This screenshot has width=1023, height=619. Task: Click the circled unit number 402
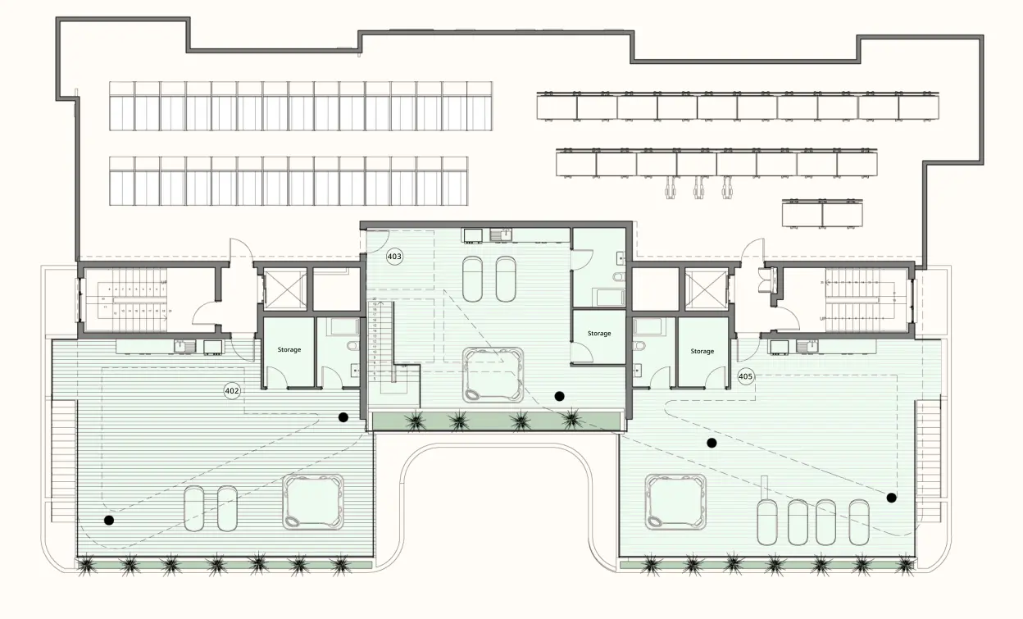coord(232,391)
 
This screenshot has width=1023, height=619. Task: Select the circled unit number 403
coord(394,257)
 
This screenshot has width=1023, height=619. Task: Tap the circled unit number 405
coord(745,376)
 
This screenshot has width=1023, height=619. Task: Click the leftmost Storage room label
coord(289,350)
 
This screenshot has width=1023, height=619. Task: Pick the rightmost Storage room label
coord(702,351)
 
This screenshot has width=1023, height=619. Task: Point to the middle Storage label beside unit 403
coord(599,334)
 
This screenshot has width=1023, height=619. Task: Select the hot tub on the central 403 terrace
coord(492,375)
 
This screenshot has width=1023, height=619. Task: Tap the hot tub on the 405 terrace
coord(675,501)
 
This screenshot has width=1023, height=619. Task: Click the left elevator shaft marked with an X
coord(284,290)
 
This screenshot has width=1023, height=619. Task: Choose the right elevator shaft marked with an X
coord(705,290)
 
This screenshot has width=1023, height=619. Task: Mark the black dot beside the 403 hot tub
coord(559,396)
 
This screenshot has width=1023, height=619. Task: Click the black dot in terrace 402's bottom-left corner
coord(108,520)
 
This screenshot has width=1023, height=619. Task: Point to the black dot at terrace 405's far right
coord(891,497)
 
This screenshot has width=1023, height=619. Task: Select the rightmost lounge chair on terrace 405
coord(858,522)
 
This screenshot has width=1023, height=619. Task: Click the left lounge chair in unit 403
coord(474,280)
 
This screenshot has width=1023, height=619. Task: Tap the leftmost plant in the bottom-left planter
coord(87,564)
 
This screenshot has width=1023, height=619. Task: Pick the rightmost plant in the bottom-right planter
coord(904,564)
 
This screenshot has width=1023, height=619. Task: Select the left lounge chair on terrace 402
coord(193,509)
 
